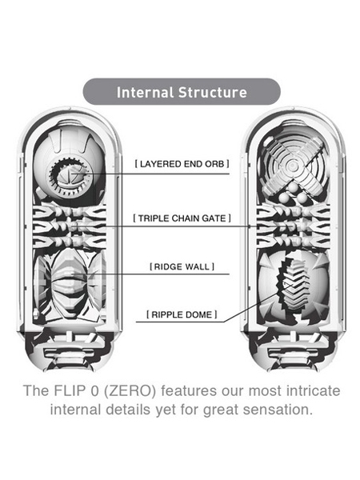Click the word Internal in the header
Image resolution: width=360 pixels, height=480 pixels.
click(x=145, y=92)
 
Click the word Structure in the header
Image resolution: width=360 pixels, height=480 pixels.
click(x=213, y=92)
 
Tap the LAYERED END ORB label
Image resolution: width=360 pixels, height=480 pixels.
click(x=182, y=164)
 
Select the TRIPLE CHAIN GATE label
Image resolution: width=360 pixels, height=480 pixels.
click(x=182, y=218)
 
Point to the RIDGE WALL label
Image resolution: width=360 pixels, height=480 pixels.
click(x=182, y=266)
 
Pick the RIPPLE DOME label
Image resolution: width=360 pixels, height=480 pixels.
click(x=182, y=314)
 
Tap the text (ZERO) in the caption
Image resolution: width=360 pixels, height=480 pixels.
click(x=130, y=391)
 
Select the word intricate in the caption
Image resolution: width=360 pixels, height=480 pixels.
click(x=313, y=390)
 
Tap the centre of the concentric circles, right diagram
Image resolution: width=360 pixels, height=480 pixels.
click(x=292, y=166)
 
